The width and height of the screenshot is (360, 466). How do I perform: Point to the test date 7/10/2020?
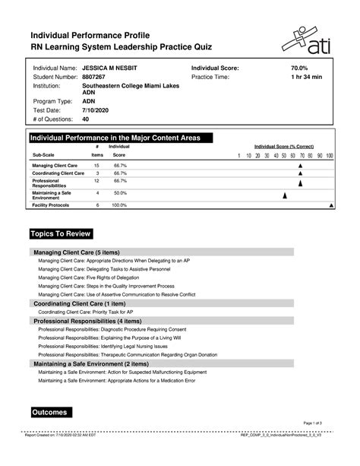click(x=96, y=110)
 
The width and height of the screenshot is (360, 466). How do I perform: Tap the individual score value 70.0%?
click(x=301, y=68)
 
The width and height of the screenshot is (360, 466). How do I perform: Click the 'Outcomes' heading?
click(x=50, y=412)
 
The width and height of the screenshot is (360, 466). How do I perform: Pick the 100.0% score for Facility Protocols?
click(x=120, y=205)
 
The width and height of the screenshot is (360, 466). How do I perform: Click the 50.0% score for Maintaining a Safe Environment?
click(x=120, y=194)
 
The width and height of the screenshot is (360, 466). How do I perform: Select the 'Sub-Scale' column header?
click(x=43, y=154)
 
